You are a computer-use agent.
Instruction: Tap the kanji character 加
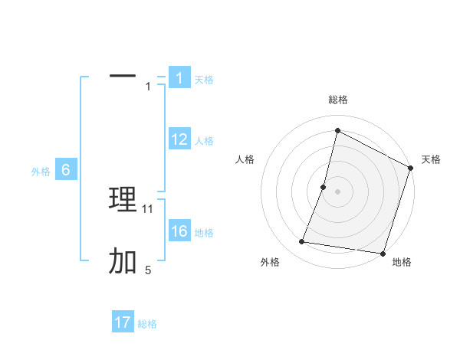123,262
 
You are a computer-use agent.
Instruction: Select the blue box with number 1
179,78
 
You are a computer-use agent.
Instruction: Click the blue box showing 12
179,139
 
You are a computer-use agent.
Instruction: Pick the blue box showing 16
179,231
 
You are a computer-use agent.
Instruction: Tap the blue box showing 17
123,322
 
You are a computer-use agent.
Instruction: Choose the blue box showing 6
66,170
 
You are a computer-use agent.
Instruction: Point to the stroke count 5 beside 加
148,270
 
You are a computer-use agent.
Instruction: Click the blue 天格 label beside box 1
204,80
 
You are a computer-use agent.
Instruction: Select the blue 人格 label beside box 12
204,141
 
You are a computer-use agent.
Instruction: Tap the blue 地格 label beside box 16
204,233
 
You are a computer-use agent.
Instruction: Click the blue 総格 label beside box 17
147,324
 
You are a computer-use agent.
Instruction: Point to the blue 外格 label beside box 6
41,172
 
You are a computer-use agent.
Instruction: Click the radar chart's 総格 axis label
337,100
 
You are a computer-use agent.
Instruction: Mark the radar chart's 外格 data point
302,242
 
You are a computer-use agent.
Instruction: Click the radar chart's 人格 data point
324,187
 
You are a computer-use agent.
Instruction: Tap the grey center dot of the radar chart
337,191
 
